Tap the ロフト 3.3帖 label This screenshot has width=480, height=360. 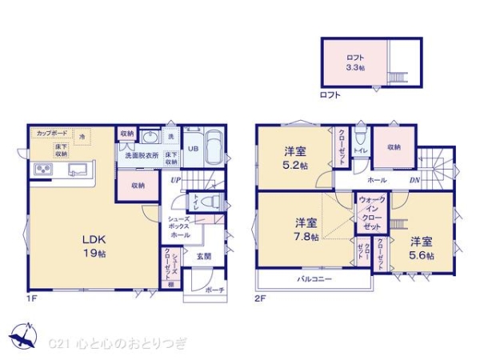tap(355, 62)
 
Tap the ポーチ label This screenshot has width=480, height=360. tap(214, 290)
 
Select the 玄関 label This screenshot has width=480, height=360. tap(204, 256)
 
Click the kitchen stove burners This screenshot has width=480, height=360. tap(42, 170)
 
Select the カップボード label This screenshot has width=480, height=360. tap(50, 134)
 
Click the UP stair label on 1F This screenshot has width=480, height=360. tap(175, 181)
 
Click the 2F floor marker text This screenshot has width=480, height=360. tap(260, 298)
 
